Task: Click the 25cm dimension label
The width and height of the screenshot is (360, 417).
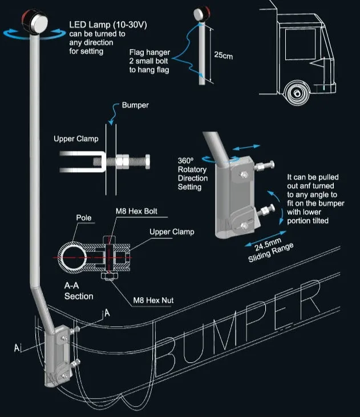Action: (224, 55)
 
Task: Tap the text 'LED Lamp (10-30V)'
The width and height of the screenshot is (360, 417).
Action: (108, 25)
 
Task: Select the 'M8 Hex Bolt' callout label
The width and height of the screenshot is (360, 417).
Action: (136, 211)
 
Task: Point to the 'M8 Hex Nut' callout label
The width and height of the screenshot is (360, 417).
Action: (153, 300)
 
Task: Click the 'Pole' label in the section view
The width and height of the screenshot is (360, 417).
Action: (83, 217)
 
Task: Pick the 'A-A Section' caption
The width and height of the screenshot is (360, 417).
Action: (79, 291)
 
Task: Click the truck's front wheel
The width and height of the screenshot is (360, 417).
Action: (297, 93)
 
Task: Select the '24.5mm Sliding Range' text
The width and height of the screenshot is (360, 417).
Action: (270, 250)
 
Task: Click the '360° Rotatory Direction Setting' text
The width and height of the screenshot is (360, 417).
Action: (192, 173)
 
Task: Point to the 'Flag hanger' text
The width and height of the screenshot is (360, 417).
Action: (149, 52)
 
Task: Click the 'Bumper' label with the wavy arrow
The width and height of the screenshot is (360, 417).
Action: (135, 105)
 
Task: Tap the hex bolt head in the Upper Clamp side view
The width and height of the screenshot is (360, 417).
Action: (147, 161)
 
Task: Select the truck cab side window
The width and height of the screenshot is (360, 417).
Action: (301, 44)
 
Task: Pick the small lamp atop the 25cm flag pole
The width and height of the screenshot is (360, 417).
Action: (201, 14)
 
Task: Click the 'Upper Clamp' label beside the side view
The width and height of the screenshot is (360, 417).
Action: (76, 139)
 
